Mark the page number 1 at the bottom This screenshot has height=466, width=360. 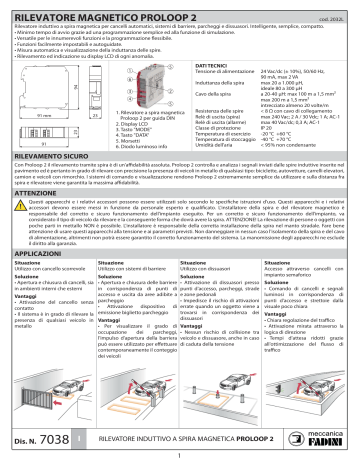180,458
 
